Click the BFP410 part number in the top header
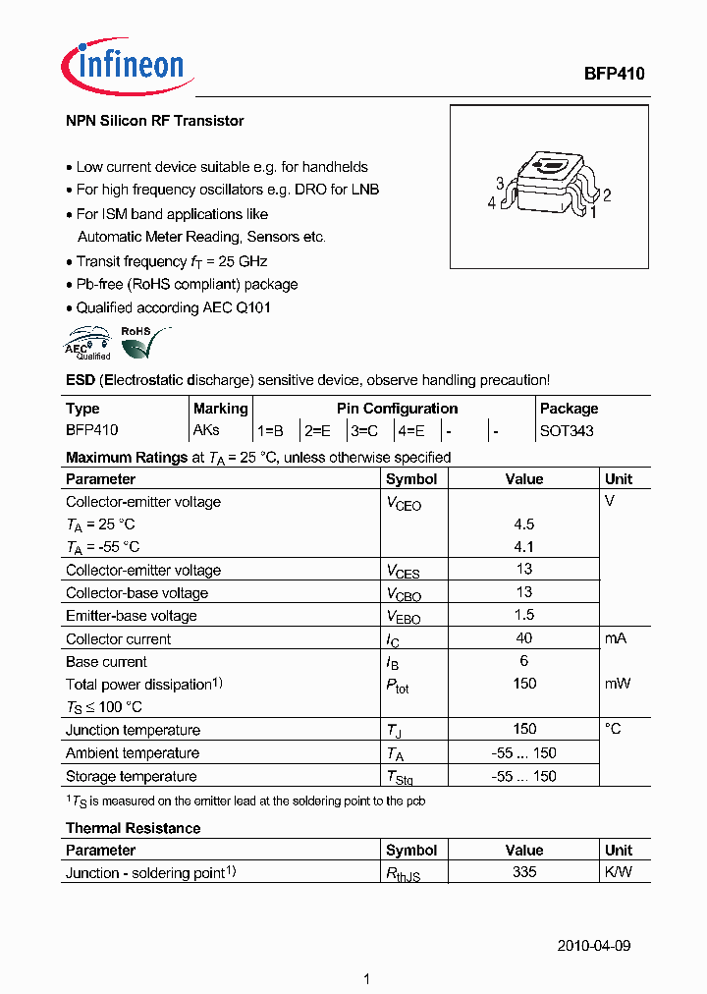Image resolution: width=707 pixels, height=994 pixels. click(x=615, y=74)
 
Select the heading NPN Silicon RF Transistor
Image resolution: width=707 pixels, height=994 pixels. click(x=154, y=121)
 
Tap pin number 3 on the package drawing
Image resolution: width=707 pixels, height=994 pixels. click(x=500, y=184)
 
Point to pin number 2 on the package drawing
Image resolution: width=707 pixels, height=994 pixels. click(x=607, y=194)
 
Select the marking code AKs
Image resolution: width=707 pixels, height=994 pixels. click(x=206, y=430)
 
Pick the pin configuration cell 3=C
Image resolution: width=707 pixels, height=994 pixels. click(x=364, y=430)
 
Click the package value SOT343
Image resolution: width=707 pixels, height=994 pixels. click(x=567, y=430)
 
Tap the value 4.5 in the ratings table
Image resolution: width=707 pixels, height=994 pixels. click(x=523, y=525)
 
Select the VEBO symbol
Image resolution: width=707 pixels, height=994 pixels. click(x=403, y=617)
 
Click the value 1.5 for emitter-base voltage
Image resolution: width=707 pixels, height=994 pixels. click(x=523, y=616)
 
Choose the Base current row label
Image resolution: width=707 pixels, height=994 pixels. click(x=106, y=662)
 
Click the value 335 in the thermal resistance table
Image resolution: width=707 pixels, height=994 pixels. click(x=523, y=872)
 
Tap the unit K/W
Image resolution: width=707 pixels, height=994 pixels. click(x=619, y=872)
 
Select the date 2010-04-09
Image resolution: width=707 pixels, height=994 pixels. click(x=594, y=946)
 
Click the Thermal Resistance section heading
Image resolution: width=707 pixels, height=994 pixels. click(x=133, y=828)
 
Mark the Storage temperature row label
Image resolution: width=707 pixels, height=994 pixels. click(x=131, y=776)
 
